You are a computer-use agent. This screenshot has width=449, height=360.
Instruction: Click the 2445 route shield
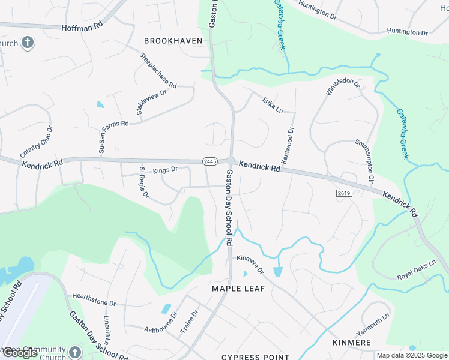click(209, 161)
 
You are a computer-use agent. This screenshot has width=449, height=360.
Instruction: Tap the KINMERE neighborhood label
click(351, 343)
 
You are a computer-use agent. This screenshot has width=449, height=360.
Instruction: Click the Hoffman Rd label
click(82, 27)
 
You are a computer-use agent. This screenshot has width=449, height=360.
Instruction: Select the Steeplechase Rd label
click(158, 70)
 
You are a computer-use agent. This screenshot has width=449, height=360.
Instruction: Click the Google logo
click(20, 353)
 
